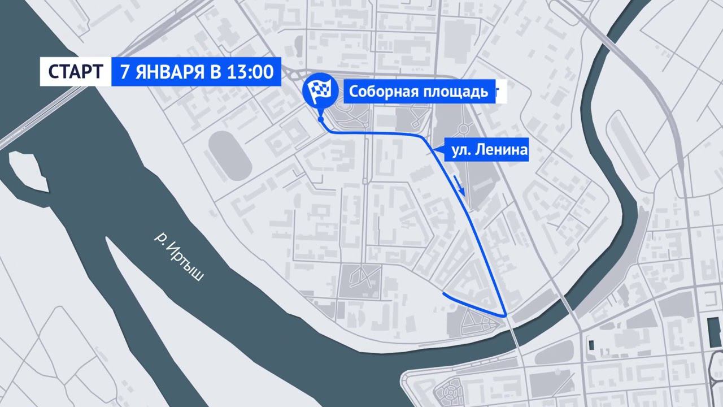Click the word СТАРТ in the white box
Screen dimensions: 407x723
[x=75, y=72]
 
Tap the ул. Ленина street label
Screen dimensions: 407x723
[x=489, y=150]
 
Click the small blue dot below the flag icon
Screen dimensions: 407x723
[x=321, y=120]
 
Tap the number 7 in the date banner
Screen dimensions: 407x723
[x=124, y=72]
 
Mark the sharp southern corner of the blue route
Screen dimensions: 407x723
[x=505, y=314]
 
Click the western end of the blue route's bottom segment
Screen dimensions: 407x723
[x=444, y=295]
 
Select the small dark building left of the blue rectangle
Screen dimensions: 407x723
[x=591, y=344]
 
